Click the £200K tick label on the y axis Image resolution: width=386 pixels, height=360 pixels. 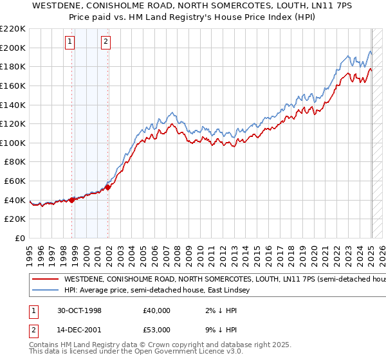pyautogui.click(x=13, y=48)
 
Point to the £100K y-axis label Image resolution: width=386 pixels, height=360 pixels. pyautogui.click(x=13, y=143)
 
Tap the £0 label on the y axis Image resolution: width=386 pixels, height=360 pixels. pyautogui.click(x=19, y=238)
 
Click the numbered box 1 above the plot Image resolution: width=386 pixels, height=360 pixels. pyautogui.click(x=69, y=42)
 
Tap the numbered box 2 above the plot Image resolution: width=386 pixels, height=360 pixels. pyautogui.click(x=106, y=42)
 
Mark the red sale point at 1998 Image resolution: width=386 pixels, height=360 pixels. pyautogui.click(x=72, y=200)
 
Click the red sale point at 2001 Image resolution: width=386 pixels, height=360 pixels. pyautogui.click(x=108, y=187)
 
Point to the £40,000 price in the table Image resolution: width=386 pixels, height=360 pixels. pyautogui.click(x=157, y=310)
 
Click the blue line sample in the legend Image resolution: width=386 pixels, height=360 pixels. pyautogui.click(x=45, y=291)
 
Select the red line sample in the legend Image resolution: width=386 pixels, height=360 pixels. pyautogui.click(x=45, y=280)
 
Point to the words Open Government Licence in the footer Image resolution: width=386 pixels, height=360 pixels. pyautogui.click(x=181, y=352)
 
